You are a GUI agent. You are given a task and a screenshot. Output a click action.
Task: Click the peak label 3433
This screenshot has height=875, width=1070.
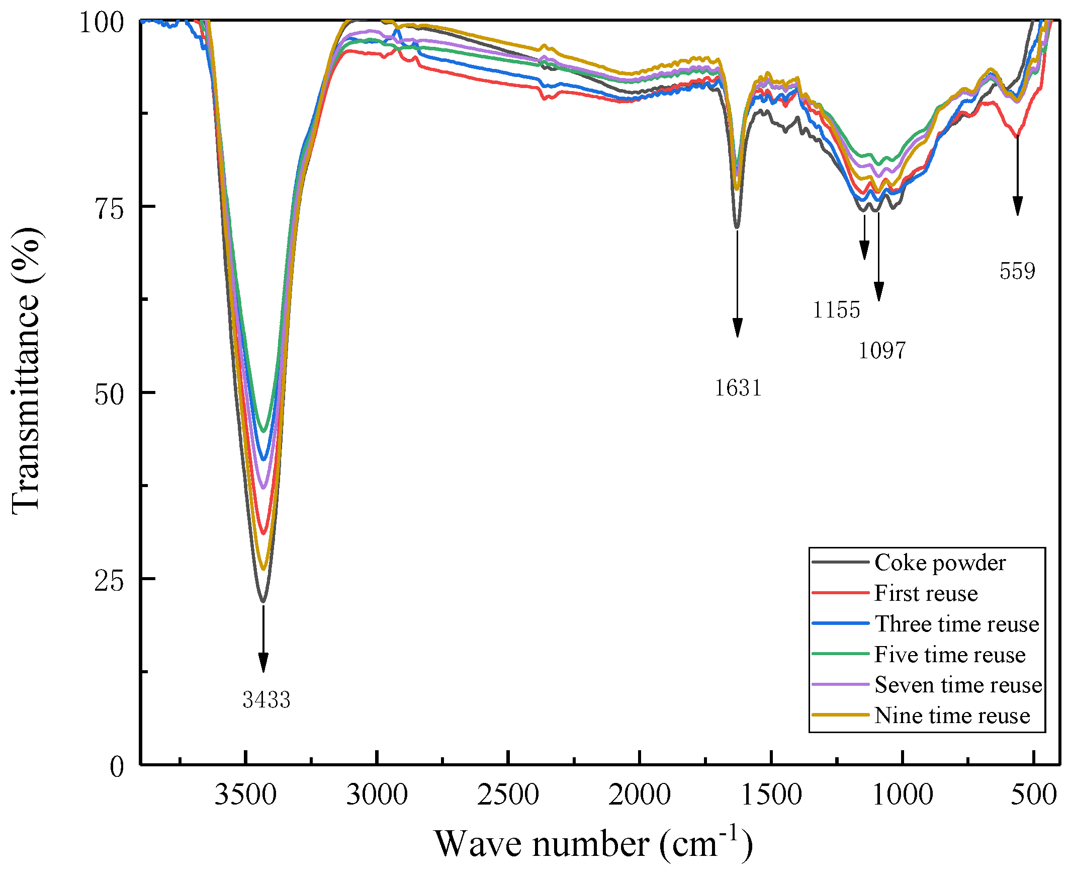(x=266, y=699)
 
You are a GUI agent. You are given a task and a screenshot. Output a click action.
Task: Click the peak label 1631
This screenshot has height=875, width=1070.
(x=738, y=388)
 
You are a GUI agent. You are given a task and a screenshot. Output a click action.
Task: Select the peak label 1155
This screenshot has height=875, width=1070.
(x=836, y=309)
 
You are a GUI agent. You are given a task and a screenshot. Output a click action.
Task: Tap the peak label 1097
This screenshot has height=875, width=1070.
(x=881, y=350)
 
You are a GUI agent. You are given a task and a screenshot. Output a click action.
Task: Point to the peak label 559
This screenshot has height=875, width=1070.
(x=1017, y=271)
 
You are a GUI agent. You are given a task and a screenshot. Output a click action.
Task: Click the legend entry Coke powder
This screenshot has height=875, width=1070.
(x=940, y=563)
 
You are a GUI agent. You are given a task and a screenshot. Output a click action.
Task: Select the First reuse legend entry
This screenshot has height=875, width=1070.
(x=925, y=593)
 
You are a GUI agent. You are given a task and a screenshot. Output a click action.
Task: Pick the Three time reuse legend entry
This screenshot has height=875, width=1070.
(x=956, y=624)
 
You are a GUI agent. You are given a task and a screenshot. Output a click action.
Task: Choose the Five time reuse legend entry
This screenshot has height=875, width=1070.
(x=950, y=655)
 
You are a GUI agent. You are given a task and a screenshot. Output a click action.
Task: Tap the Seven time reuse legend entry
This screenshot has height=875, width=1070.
(x=958, y=685)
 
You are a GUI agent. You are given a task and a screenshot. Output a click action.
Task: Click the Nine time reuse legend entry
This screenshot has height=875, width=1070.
(x=952, y=715)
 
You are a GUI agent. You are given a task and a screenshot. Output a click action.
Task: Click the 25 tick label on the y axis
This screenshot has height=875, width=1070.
(x=109, y=581)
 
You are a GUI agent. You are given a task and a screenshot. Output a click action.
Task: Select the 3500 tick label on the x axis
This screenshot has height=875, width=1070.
(x=245, y=795)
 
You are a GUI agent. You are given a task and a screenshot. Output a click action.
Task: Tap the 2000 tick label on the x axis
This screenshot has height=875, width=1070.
(x=639, y=795)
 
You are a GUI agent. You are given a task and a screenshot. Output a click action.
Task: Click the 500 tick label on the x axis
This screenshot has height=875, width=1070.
(x=1033, y=795)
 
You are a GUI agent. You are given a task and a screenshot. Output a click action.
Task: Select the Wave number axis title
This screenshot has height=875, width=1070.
(x=593, y=844)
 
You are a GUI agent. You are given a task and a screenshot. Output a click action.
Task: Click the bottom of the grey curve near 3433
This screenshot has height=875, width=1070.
(x=262, y=601)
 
